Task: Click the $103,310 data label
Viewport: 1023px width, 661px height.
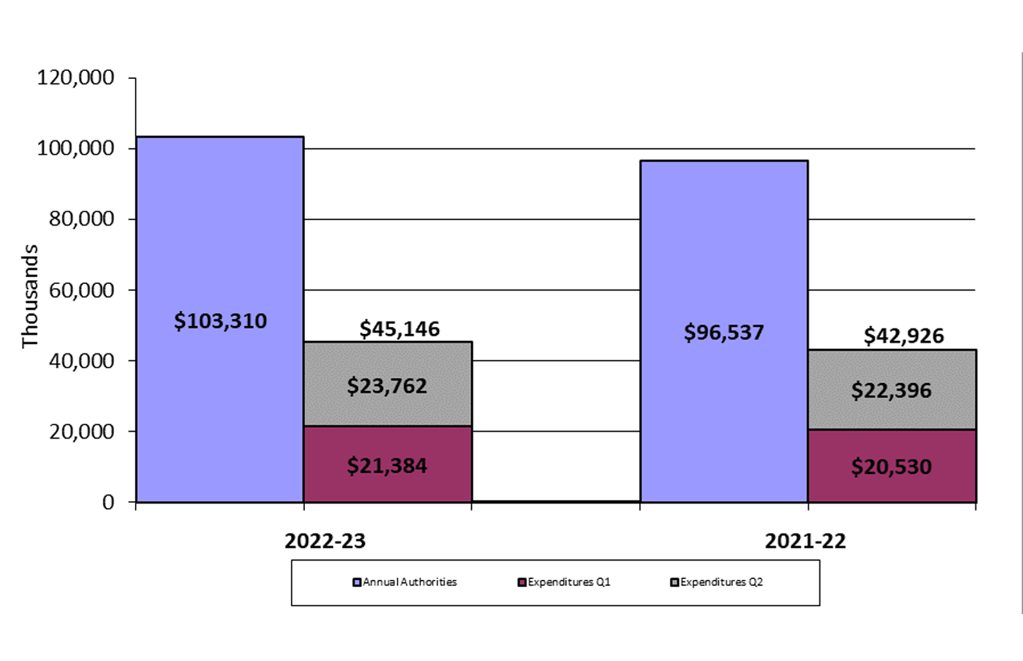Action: [x=220, y=321]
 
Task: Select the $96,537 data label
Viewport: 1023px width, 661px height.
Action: [x=724, y=332]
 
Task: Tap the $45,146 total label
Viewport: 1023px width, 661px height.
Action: [x=399, y=329]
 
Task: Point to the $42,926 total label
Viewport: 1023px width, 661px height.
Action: [x=904, y=336]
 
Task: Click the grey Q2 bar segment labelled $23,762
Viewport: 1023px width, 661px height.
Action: [x=388, y=385]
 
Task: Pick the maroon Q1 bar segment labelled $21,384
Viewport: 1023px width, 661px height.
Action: [x=388, y=465]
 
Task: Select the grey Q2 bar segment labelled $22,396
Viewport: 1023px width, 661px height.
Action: [x=891, y=389]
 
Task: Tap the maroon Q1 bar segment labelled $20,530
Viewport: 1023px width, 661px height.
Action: [x=891, y=467]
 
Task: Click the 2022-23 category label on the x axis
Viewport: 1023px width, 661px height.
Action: [x=325, y=542]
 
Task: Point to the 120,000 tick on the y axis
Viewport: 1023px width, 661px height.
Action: [x=76, y=78]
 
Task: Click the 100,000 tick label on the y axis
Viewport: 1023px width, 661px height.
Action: [x=76, y=148]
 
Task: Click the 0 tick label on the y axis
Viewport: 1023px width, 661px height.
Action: [x=108, y=502]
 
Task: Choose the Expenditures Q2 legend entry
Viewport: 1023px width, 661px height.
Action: [x=717, y=582]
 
